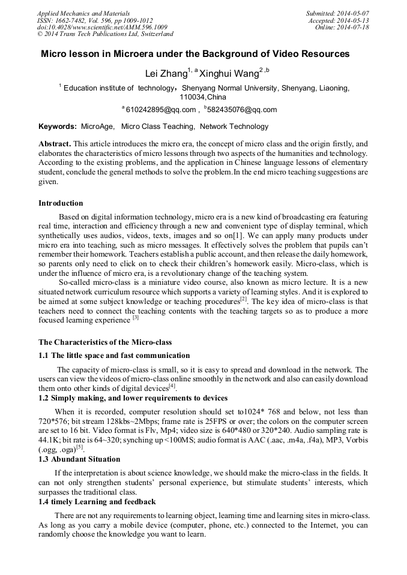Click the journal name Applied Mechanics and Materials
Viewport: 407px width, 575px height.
point(83,13)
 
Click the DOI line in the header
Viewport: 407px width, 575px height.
point(102,28)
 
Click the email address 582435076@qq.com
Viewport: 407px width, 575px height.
point(233,110)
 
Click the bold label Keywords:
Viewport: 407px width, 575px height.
point(58,127)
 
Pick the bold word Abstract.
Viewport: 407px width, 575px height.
point(55,144)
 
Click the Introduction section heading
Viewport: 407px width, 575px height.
point(61,203)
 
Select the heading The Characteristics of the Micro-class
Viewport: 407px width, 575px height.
point(105,342)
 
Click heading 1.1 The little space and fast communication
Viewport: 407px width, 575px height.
point(114,356)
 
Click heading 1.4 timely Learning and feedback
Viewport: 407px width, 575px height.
point(97,501)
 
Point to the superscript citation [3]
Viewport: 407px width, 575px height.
point(136,318)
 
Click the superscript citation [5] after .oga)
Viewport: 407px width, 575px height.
point(79,447)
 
